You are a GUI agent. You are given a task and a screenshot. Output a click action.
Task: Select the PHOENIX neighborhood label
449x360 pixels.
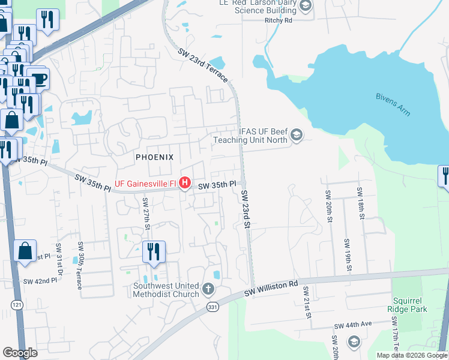154,157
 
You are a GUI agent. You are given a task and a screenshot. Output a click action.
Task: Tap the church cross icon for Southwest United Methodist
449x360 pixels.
208,290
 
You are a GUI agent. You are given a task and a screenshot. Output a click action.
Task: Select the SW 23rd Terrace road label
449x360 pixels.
203,65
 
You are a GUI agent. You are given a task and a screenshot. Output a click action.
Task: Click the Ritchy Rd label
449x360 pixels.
278,20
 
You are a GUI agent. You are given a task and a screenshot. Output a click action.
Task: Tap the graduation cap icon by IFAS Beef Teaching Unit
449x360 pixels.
296,136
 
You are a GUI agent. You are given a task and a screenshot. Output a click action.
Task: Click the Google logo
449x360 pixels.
20,353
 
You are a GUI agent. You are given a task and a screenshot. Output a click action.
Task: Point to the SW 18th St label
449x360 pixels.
360,202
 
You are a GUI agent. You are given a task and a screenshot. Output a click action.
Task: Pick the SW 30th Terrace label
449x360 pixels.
79,266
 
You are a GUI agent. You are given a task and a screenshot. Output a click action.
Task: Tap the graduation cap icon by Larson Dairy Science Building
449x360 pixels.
305,7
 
